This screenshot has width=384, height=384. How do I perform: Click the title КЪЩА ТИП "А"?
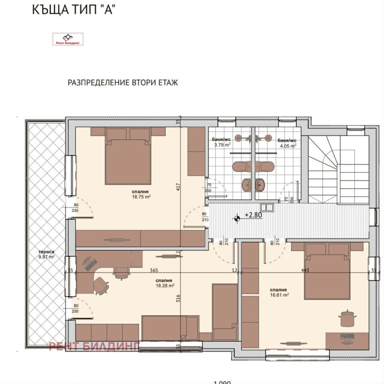[x=73, y=10]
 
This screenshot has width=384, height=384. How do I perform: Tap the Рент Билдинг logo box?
[x=68, y=39]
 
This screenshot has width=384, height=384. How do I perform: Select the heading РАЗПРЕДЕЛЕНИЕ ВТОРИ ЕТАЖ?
[x=123, y=82]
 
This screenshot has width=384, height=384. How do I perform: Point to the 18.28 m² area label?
[x=164, y=285]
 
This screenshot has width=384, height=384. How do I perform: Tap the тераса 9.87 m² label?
[x=46, y=254]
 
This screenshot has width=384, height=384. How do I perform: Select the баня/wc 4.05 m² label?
[x=287, y=143]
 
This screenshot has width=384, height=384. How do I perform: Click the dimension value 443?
[x=305, y=270]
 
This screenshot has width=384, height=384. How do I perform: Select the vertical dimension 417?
[x=178, y=187]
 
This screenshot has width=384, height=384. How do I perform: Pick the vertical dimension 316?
[x=178, y=299]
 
